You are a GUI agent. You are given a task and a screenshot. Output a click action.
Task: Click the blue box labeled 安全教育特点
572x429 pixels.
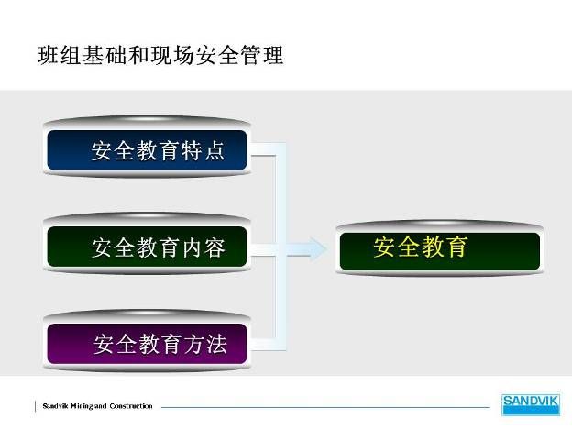pos(147,150)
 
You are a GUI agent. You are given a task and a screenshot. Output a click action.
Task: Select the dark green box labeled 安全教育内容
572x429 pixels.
pos(147,247)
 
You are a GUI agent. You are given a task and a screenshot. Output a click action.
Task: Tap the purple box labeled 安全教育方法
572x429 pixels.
pos(147,344)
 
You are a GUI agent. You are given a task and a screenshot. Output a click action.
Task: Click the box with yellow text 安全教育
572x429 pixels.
pos(440,252)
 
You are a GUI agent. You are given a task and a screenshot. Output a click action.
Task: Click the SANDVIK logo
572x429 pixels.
pos(531,404)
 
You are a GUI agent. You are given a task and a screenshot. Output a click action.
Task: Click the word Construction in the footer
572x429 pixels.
pos(131,406)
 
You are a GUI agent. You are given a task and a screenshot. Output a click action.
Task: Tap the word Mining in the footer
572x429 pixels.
pos(82,406)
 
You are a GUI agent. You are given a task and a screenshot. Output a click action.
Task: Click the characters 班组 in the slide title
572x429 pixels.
pos(60,55)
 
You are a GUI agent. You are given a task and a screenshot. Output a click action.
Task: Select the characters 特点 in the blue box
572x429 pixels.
pos(203,150)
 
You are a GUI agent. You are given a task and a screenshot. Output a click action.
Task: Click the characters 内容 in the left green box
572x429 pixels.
pos(203,247)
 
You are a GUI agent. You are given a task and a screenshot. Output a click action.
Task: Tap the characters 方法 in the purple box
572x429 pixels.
pos(205,344)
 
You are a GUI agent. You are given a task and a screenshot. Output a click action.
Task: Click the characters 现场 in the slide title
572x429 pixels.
pos(171,55)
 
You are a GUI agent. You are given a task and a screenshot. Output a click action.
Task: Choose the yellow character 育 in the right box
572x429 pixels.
pos(456,247)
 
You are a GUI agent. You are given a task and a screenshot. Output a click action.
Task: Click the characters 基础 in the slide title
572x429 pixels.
pos(104,55)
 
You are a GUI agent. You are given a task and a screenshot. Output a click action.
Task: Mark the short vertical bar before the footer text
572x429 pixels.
pos(36,406)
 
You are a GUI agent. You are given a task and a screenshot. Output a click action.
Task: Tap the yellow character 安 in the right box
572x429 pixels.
pos(384,247)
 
